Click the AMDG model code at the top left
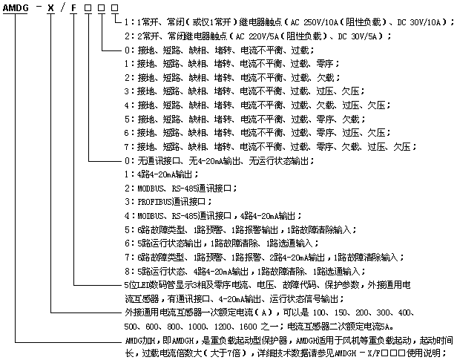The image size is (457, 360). tap(16, 8)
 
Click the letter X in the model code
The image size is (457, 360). tap(51, 8)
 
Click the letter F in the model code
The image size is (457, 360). tap(73, 8)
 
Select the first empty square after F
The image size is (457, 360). tap(88, 8)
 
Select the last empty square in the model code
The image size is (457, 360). tap(115, 8)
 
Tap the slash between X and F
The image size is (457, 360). tap(62, 8)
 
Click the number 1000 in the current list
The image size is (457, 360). tap(197, 327)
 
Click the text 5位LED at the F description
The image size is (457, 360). tap(137, 285)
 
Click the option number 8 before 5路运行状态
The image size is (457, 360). tap(127, 272)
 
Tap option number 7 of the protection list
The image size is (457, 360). tap(127, 147)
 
